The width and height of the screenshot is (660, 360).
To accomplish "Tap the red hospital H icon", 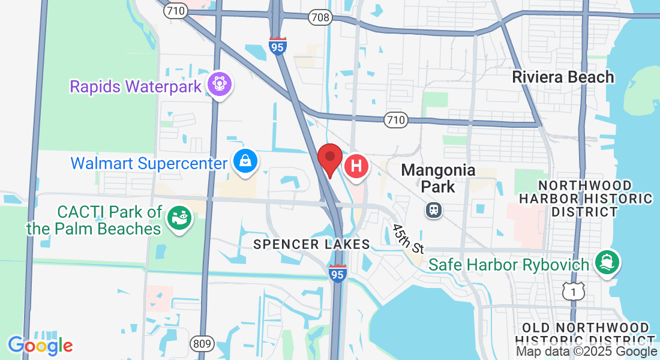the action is tap(356, 166).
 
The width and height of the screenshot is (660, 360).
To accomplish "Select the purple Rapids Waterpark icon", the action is tap(220, 85).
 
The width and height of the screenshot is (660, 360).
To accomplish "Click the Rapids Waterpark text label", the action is tap(136, 86).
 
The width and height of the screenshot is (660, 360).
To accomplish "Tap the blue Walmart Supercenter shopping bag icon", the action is tap(246, 162).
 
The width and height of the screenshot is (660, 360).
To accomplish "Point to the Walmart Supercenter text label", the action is tap(149, 163).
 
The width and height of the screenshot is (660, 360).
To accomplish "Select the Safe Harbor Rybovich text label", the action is tap(510, 265).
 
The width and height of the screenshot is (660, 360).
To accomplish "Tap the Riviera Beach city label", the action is tap(563, 77).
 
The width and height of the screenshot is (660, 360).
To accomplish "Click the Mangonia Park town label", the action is tap(438, 178).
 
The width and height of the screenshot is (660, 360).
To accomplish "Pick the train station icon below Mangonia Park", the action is tap(433, 210).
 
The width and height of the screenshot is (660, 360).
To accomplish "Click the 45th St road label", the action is tap(409, 238).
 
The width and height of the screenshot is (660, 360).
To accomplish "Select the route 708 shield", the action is tap(320, 17).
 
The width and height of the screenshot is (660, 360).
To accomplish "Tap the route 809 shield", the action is tap(202, 344).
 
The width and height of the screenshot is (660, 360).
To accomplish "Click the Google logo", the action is tap(40, 346).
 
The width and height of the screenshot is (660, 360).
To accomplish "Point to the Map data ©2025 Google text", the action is tap(586, 352).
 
